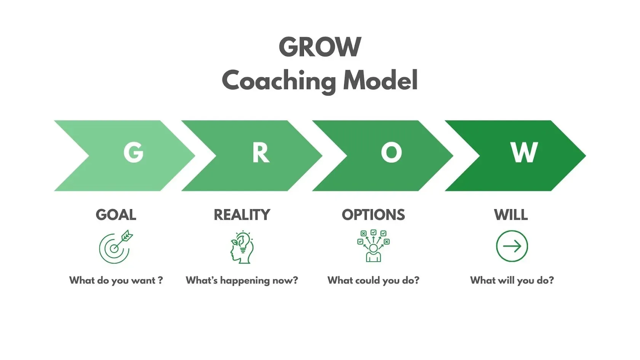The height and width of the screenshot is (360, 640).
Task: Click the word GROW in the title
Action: click(320, 47)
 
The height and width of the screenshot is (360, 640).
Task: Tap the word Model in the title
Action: click(380, 80)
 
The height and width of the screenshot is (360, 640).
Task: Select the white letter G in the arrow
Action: click(133, 153)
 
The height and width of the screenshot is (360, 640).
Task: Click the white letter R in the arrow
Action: click(261, 153)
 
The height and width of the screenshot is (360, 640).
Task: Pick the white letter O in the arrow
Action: click(391, 153)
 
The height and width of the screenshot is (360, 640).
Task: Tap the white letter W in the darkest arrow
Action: click(524, 153)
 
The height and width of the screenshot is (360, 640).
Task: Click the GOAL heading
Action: click(116, 215)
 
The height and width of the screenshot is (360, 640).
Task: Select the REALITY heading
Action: click(242, 215)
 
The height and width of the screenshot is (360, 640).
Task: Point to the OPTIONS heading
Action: click(373, 215)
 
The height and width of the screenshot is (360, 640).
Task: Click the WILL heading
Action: click(511, 215)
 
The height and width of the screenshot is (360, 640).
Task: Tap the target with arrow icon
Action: click(115, 247)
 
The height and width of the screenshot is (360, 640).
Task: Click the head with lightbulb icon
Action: click(242, 247)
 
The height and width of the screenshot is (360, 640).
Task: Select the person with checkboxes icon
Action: click(373, 246)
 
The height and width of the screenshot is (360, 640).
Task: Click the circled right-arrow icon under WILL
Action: click(512, 246)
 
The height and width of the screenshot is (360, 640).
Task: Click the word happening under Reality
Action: click(245, 281)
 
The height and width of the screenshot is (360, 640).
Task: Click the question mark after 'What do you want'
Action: click(160, 280)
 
